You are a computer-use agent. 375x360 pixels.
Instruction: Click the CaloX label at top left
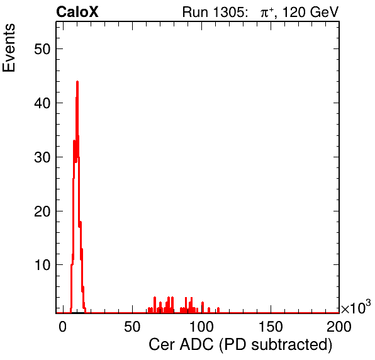pyautogui.click(x=77, y=12)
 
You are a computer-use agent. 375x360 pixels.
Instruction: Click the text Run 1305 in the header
pyautogui.click(x=214, y=12)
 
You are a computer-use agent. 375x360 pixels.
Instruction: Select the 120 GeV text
pyautogui.click(x=311, y=12)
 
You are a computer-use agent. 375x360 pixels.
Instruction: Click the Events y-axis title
pyautogui.click(x=9, y=48)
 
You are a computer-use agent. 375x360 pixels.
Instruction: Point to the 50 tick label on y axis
pyautogui.click(x=42, y=49)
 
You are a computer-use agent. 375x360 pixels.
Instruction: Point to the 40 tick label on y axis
pyautogui.click(x=42, y=103)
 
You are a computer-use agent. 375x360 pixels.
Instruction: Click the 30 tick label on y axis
pyautogui.click(x=42, y=157)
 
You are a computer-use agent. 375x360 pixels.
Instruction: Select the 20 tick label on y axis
pyautogui.click(x=42, y=211)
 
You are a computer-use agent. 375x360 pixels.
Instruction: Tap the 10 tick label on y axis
pyautogui.click(x=42, y=265)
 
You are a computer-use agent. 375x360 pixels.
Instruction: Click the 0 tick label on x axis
pyautogui.click(x=63, y=326)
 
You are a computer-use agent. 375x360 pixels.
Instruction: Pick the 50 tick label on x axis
pyautogui.click(x=132, y=326)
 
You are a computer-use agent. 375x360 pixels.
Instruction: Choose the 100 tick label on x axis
pyautogui.click(x=201, y=326)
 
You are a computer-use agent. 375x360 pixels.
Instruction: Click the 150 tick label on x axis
pyautogui.click(x=271, y=326)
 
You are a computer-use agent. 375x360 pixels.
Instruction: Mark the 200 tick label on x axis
pyautogui.click(x=339, y=326)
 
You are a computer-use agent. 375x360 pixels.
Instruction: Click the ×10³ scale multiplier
pyautogui.click(x=356, y=307)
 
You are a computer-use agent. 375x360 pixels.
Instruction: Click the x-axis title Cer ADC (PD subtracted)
pyautogui.click(x=240, y=345)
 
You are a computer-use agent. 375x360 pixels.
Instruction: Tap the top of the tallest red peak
pyautogui.click(x=77, y=82)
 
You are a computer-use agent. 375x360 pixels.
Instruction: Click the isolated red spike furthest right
pyautogui.click(x=218, y=310)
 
